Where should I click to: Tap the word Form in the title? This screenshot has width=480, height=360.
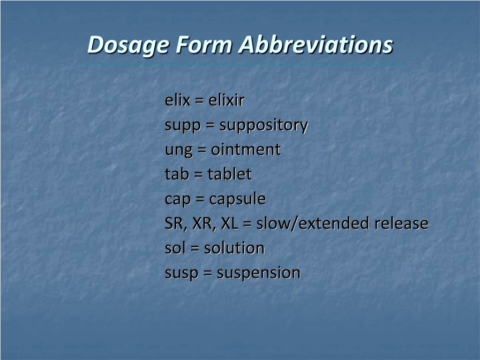[204, 45]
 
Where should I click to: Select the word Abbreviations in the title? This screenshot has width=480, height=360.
[316, 45]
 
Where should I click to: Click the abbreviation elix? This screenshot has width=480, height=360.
[178, 100]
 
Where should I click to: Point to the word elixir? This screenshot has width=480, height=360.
[226, 100]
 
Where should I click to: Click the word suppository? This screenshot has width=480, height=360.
[263, 126]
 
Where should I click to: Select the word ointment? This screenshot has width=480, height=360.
[246, 150]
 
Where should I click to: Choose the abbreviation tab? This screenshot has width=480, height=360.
[177, 174]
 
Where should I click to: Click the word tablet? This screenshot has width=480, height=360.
[230, 174]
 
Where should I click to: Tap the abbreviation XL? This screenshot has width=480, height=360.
[230, 224]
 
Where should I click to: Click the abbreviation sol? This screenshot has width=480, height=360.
[175, 248]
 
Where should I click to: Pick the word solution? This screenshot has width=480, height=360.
[234, 248]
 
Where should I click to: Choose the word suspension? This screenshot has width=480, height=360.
[259, 273]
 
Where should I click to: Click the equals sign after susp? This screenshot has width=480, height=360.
[208, 273]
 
